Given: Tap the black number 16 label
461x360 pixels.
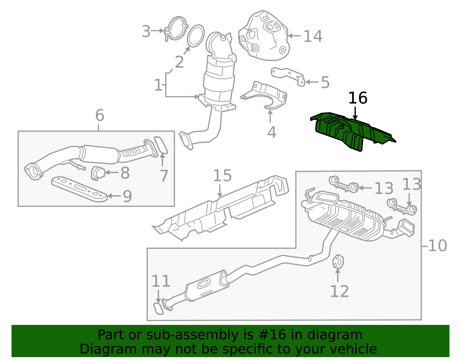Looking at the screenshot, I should point(358,98).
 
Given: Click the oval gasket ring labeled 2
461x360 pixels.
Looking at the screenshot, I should point(196,36).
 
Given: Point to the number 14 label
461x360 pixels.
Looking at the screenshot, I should point(313,37).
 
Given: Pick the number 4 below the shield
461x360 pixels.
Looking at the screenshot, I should point(272,133).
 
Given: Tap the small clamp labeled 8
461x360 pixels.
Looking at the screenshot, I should point(98,173).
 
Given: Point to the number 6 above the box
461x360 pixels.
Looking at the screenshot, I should point(99,115).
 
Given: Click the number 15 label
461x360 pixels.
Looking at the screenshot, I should point(222,176).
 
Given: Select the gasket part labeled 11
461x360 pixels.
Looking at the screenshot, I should point(158,309).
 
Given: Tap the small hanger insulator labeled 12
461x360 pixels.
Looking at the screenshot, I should point(338,261).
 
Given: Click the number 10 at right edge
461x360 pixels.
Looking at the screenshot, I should point(437,246).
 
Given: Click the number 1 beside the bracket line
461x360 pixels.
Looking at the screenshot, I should point(158,85).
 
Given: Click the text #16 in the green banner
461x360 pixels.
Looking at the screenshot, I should point(273,335).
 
